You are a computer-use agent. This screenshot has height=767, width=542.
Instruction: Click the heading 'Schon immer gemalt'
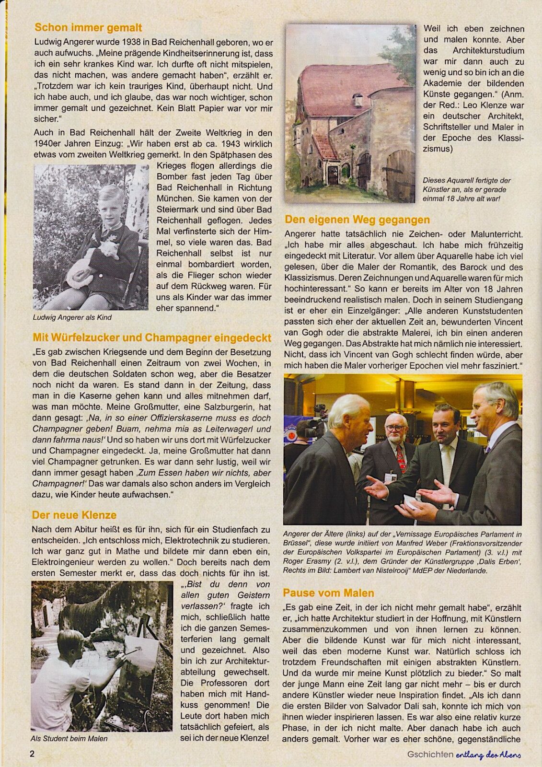(x=88, y=28)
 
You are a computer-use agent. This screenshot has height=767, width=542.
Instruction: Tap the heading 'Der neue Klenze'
(x=74, y=515)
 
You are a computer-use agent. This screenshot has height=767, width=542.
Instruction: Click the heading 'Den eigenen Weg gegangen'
(x=357, y=220)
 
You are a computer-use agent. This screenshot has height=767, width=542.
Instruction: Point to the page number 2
(x=32, y=754)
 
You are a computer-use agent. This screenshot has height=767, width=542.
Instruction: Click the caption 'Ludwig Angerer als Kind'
(x=72, y=317)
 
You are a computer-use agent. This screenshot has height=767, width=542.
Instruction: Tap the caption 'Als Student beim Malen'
(x=69, y=739)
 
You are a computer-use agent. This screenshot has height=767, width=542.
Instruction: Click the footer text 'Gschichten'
(x=430, y=754)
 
